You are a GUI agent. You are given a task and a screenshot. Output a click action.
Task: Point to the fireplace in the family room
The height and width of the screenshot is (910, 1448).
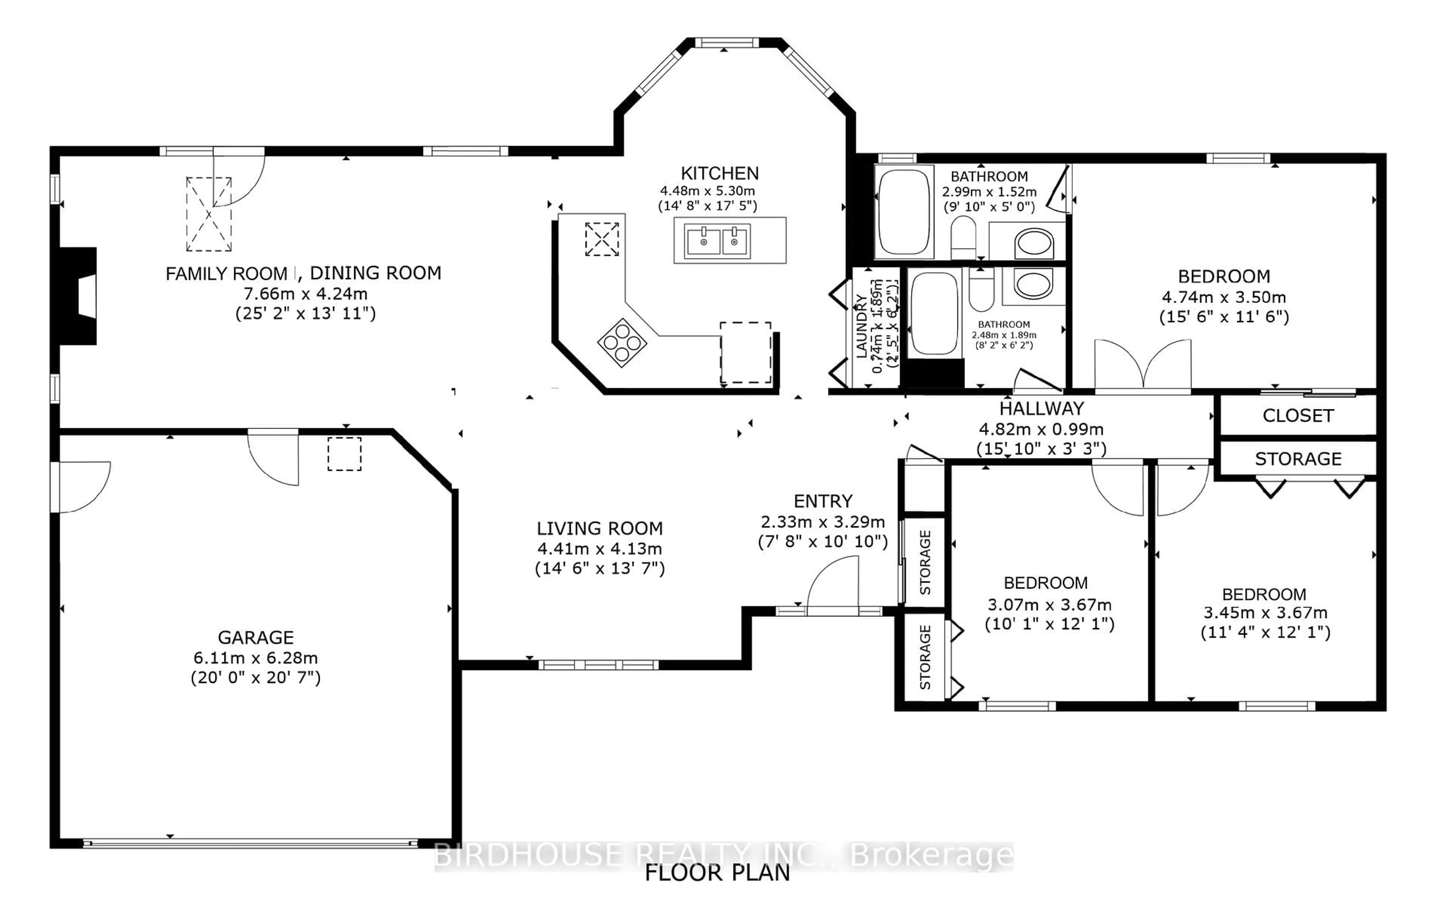click(x=78, y=296)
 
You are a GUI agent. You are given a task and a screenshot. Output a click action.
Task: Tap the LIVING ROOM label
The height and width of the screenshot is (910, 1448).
click(x=600, y=528)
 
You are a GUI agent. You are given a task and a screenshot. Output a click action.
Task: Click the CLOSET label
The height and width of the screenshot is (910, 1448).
click(x=1298, y=416)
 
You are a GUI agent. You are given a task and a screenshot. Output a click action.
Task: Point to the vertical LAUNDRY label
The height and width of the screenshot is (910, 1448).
click(x=861, y=326)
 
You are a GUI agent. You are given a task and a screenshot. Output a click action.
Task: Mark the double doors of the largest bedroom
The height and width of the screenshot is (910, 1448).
click(x=1143, y=366)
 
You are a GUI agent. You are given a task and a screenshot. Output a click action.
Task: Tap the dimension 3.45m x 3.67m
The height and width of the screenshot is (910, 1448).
click(x=1265, y=613)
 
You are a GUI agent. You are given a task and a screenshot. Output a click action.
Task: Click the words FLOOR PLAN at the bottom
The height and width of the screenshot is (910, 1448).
click(x=717, y=873)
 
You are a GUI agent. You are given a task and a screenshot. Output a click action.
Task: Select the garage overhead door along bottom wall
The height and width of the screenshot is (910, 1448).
click(x=250, y=843)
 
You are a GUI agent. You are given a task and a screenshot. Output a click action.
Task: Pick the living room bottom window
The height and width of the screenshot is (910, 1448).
click(x=598, y=665)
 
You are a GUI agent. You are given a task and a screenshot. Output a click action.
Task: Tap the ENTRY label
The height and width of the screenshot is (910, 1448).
click(x=823, y=501)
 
